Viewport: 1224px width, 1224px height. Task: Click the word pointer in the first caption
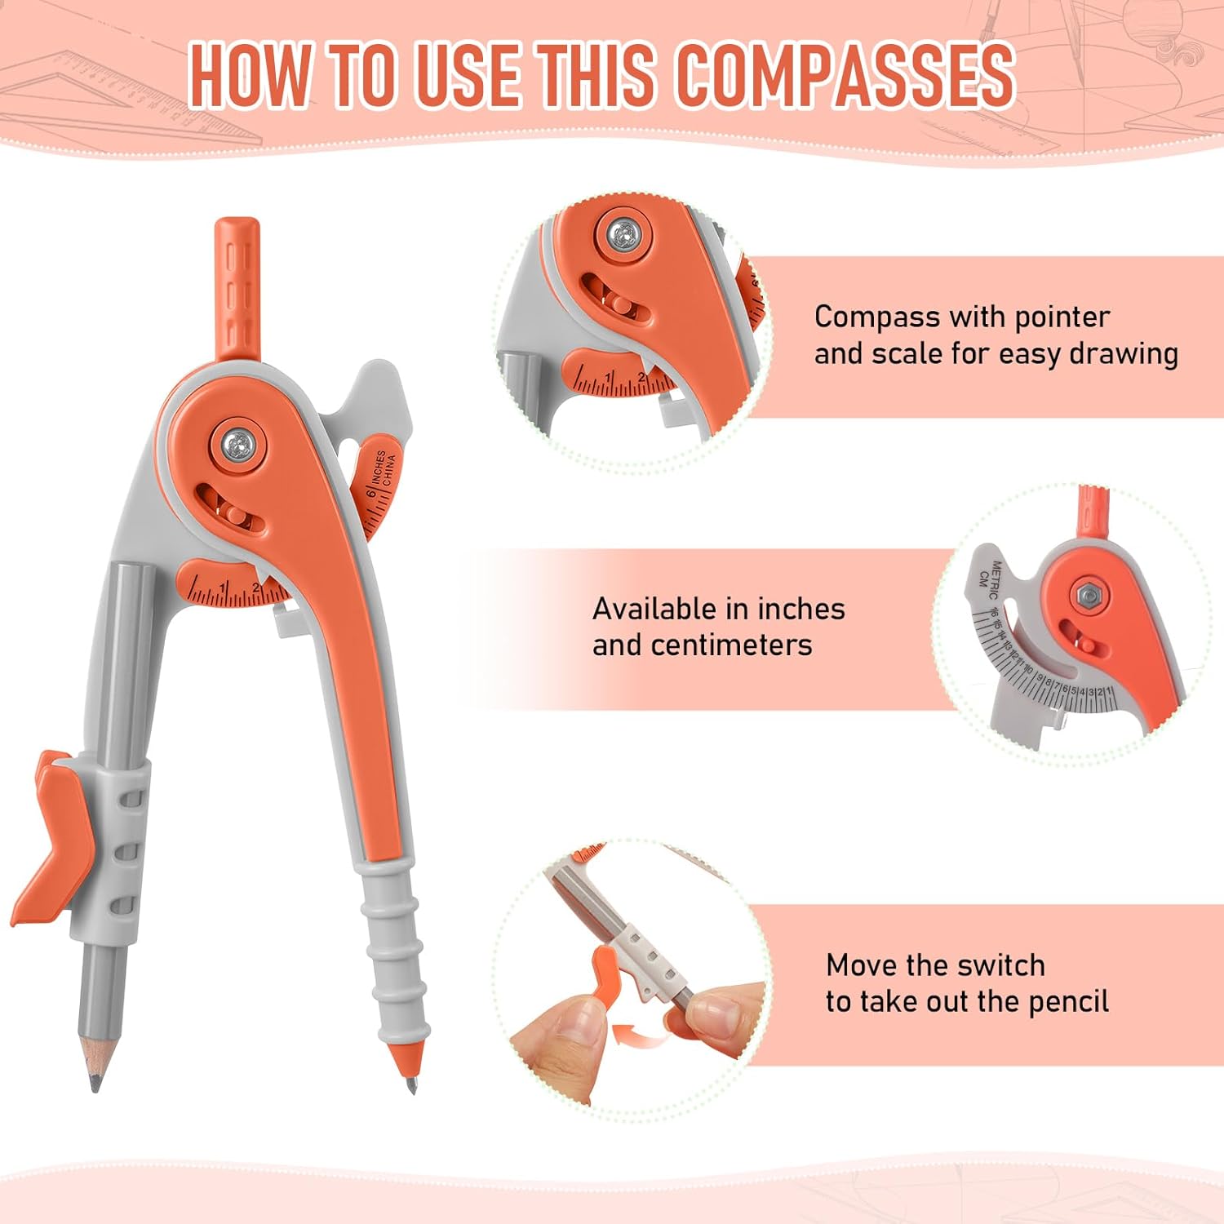point(1058,317)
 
